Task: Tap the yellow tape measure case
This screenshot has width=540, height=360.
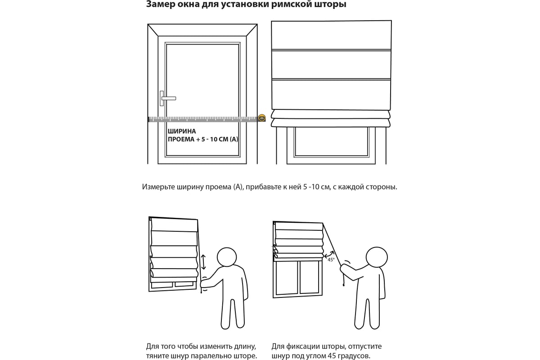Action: click(x=261, y=118)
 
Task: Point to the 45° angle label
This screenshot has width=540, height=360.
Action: click(x=331, y=260)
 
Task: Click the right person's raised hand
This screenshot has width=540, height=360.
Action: click(x=343, y=267)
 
